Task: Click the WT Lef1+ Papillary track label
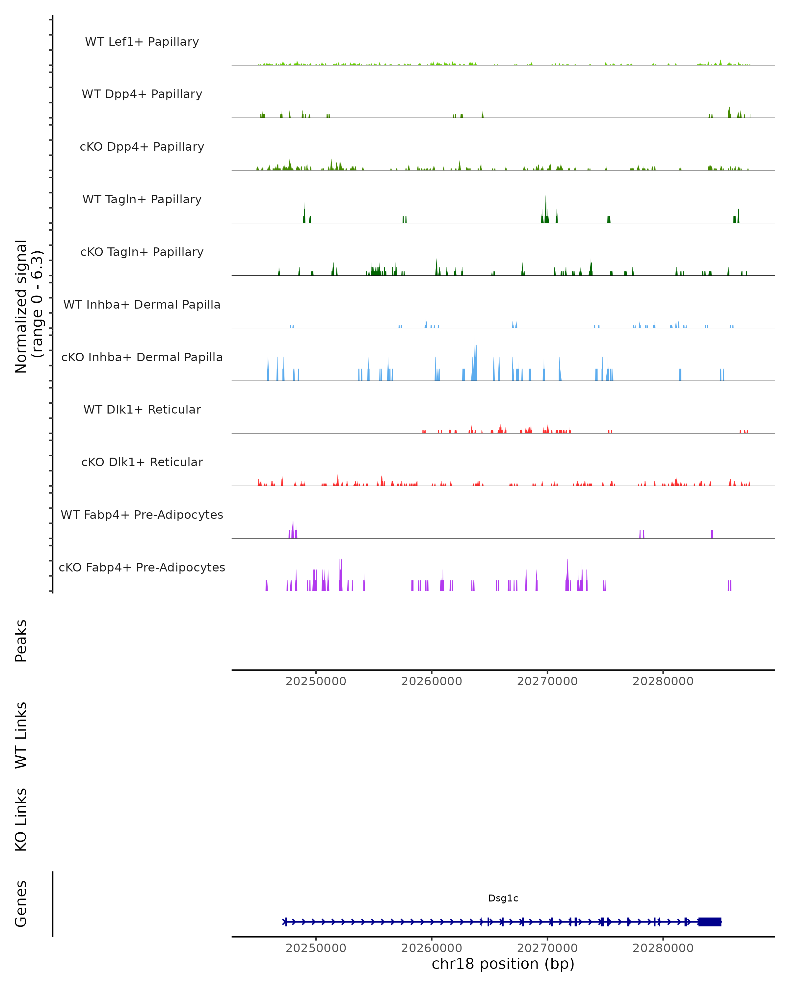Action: [142, 42]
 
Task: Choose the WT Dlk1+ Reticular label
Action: [142, 409]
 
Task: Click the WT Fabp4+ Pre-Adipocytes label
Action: [142, 515]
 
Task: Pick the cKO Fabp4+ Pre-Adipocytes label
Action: [142, 567]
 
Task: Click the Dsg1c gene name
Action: [503, 898]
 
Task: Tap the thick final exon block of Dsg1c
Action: [710, 922]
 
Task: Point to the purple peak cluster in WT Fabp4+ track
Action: [293, 531]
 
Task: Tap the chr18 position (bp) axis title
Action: [503, 964]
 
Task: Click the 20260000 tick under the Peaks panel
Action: [432, 681]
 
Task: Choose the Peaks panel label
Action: [21, 641]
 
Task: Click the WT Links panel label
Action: [21, 735]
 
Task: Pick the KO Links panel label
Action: [21, 820]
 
